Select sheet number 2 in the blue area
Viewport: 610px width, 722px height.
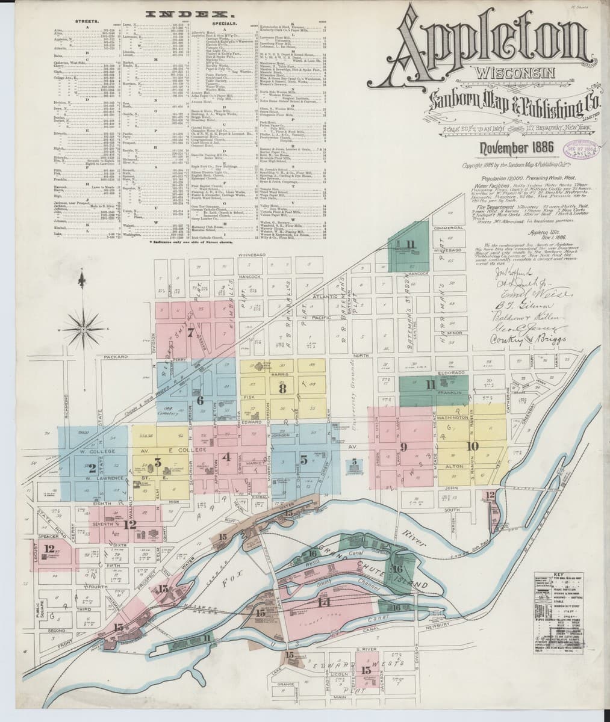pyautogui.click(x=92, y=467)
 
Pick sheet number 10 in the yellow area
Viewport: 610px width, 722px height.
pyautogui.click(x=472, y=446)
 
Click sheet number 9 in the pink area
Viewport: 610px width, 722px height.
pyautogui.click(x=403, y=446)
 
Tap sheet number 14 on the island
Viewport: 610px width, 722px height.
pyautogui.click(x=323, y=602)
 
